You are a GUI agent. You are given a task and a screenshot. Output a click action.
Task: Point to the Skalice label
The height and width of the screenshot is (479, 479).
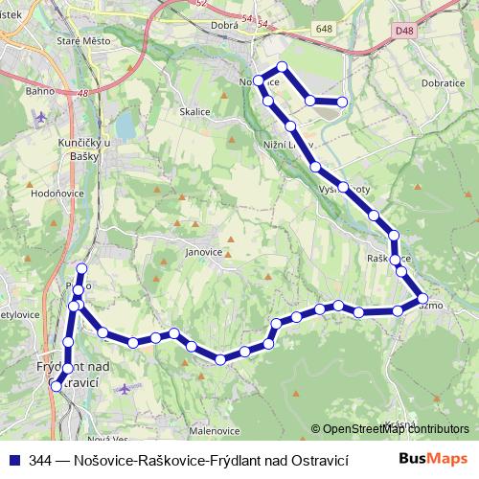click(194, 111)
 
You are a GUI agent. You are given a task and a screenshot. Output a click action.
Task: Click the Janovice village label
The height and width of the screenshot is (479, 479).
click(204, 254)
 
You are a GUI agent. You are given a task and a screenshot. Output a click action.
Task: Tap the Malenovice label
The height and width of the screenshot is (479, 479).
click(213, 431)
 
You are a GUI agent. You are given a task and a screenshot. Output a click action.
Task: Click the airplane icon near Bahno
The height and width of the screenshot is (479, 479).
click(39, 119)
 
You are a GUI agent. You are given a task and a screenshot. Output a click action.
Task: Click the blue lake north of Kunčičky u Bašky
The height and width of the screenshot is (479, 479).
click(125, 126)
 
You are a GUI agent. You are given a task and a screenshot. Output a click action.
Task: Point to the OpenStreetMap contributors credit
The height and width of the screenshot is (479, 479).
click(396, 429)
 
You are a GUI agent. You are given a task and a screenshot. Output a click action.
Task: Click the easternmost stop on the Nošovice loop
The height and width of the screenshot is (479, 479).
click(342, 103)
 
